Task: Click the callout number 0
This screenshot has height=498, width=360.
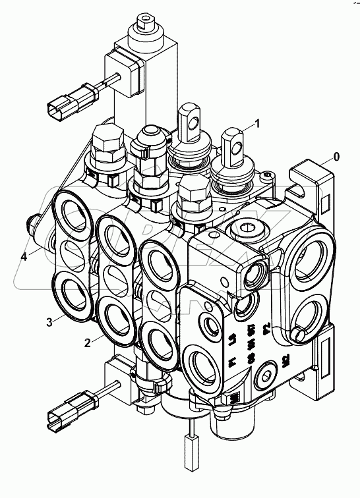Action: pyautogui.click(x=337, y=157)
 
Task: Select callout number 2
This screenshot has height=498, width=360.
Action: pyautogui.click(x=86, y=341)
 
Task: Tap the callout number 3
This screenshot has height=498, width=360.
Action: pyautogui.click(x=50, y=322)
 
